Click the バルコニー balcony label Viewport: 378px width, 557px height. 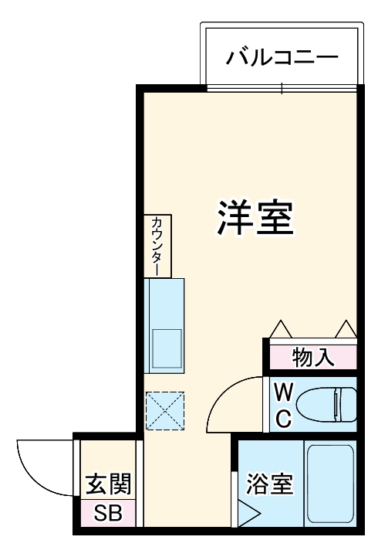pyautogui.click(x=282, y=58)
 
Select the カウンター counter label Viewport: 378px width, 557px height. pyautogui.click(x=157, y=246)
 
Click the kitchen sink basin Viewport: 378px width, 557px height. pyautogui.click(x=166, y=347)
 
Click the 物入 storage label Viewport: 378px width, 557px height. pyautogui.click(x=313, y=358)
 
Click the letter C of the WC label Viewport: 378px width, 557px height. pyautogui.click(x=282, y=418)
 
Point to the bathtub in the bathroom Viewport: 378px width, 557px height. pyautogui.click(x=330, y=484)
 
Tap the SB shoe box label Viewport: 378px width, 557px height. pyautogui.click(x=108, y=513)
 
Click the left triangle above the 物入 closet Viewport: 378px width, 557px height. pyautogui.click(x=279, y=330)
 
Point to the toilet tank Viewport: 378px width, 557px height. pyautogui.click(x=344, y=404)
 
